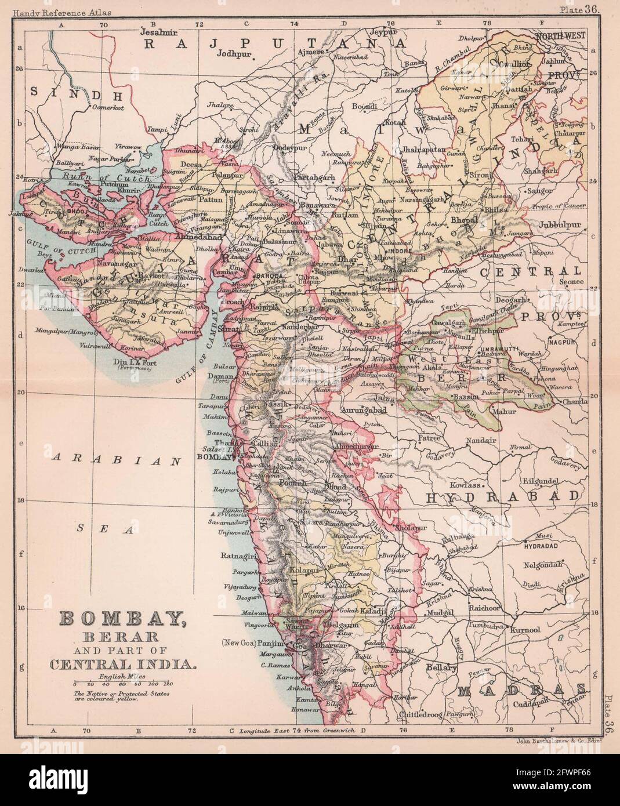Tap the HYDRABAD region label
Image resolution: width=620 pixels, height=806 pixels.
point(503,497)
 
